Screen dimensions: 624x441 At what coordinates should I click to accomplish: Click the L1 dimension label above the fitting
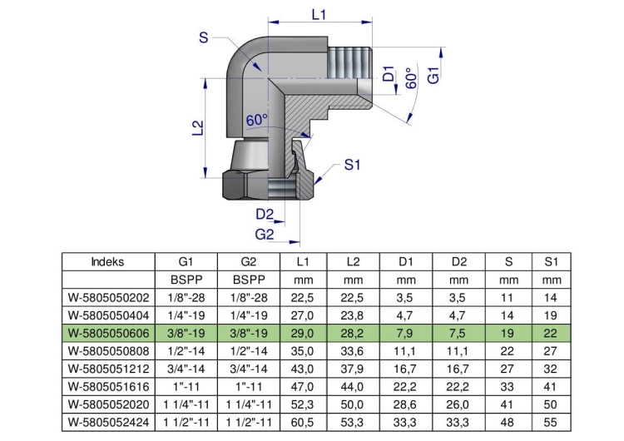pyautogui.click(x=319, y=15)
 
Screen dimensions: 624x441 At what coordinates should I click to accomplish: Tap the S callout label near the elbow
pyautogui.click(x=203, y=37)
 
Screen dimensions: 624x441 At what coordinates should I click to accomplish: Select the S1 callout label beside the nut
pyautogui.click(x=352, y=165)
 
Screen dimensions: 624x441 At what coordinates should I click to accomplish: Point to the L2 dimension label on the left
pyautogui.click(x=198, y=128)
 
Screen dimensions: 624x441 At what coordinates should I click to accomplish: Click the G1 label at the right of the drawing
pyautogui.click(x=433, y=75)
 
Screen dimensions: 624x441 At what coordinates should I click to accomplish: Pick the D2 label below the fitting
pyautogui.click(x=265, y=215)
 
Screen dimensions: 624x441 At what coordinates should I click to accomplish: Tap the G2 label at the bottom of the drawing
pyautogui.click(x=265, y=234)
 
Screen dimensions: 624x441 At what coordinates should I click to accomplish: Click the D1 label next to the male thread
pyautogui.click(x=389, y=73)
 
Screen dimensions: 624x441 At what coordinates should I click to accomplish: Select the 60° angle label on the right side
pyautogui.click(x=411, y=78)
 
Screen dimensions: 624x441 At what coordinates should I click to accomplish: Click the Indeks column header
pyautogui.click(x=107, y=262)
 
